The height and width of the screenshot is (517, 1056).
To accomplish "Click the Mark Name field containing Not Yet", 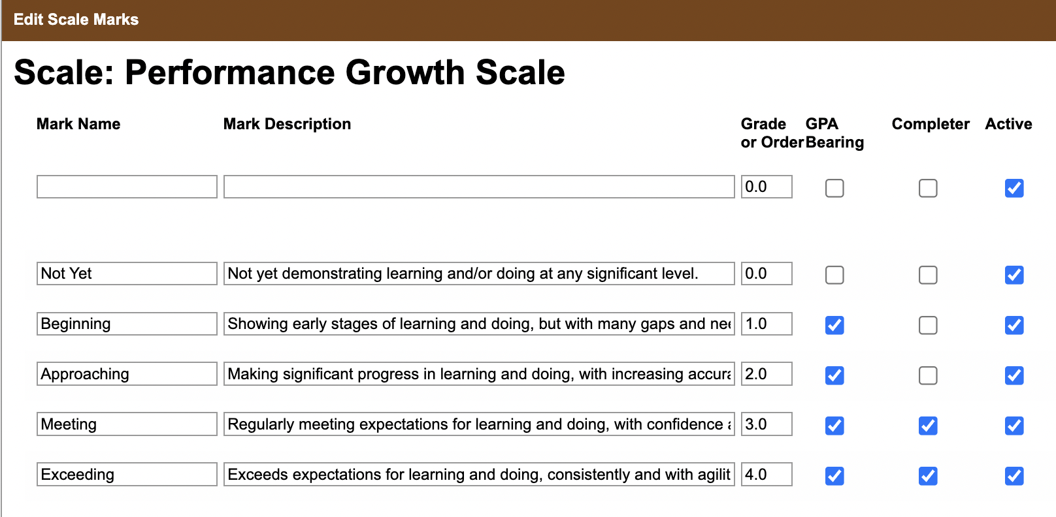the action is (x=127, y=274).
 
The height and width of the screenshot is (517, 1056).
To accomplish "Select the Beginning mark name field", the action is (x=127, y=324).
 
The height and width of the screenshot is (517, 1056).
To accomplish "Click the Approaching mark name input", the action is (x=127, y=374).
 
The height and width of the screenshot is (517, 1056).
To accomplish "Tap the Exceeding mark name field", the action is (x=127, y=474).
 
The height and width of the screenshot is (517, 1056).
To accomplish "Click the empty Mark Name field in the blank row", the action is (x=127, y=187).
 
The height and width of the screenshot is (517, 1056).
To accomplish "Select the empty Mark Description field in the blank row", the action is (x=479, y=187).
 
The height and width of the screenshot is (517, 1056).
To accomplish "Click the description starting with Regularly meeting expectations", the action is (x=479, y=424).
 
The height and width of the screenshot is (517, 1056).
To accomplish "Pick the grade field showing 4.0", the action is (x=767, y=474).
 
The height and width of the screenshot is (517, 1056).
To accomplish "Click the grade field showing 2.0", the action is (x=767, y=374).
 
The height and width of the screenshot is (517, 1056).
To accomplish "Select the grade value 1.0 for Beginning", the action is (x=767, y=324).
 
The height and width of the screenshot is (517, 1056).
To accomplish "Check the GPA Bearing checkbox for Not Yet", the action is (x=834, y=275).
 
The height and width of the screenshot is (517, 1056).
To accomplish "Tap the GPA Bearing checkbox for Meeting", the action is (x=834, y=426).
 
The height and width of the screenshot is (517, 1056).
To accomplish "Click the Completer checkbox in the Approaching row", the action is (x=928, y=375).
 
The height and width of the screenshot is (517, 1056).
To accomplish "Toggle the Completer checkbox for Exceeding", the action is (x=928, y=476).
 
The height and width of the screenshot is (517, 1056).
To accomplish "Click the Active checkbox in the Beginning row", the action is (x=1014, y=325).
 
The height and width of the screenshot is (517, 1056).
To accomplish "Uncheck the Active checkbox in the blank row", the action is (x=1014, y=189).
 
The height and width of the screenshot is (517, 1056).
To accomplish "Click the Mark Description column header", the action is (x=287, y=124).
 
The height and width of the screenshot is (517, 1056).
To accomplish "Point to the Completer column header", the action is (x=931, y=124).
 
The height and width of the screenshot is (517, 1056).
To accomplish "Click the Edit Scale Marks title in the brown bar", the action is (x=76, y=20).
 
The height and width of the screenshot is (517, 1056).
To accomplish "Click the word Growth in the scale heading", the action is (x=405, y=72).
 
